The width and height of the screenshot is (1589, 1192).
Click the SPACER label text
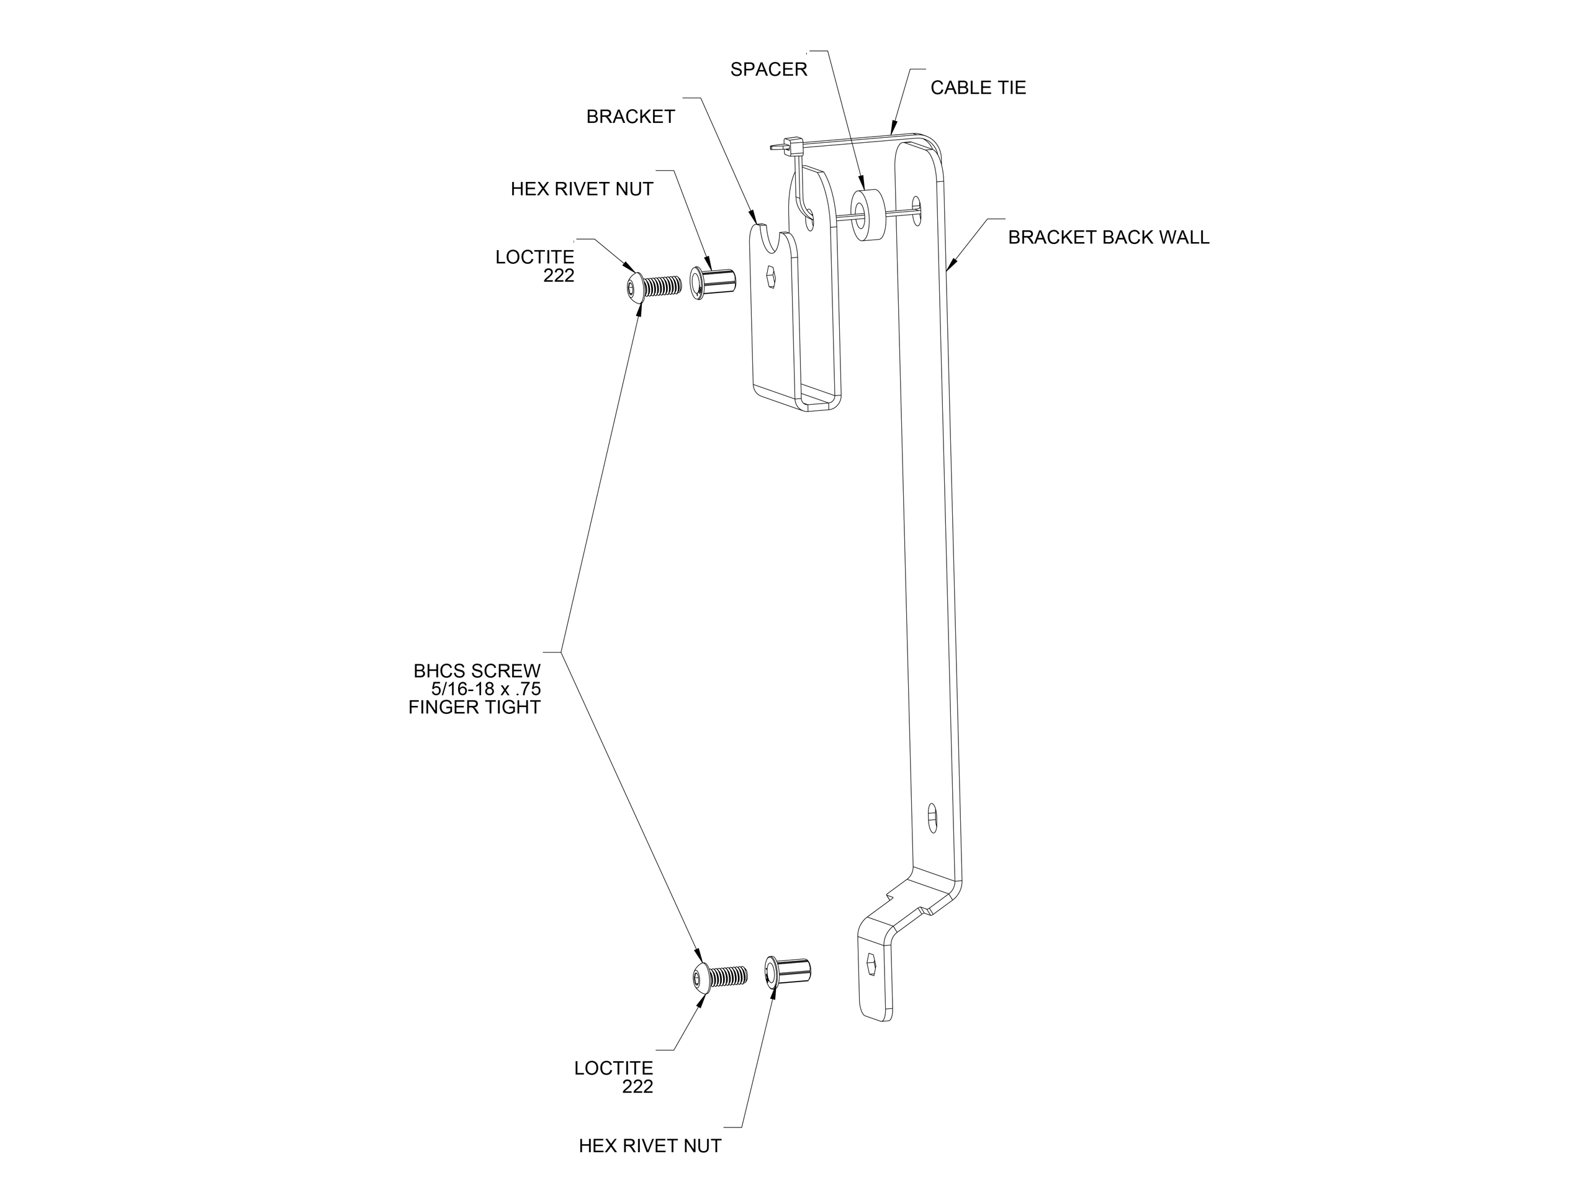(x=768, y=70)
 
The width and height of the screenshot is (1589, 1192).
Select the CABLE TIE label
(x=977, y=88)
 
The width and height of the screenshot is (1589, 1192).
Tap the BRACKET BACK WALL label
(x=1108, y=237)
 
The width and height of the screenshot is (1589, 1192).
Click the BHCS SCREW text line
(x=476, y=671)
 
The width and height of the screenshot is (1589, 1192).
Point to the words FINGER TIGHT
(x=474, y=707)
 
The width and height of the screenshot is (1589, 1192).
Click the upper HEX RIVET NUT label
(x=581, y=189)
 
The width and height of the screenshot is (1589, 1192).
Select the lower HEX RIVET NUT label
(x=649, y=1145)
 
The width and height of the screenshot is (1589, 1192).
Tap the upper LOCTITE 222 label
(x=535, y=266)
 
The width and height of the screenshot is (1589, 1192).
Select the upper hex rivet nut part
(x=713, y=282)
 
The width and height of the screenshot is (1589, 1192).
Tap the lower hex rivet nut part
(x=788, y=972)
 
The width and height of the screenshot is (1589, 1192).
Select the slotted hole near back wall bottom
(x=932, y=818)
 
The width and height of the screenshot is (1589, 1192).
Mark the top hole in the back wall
(x=916, y=210)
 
